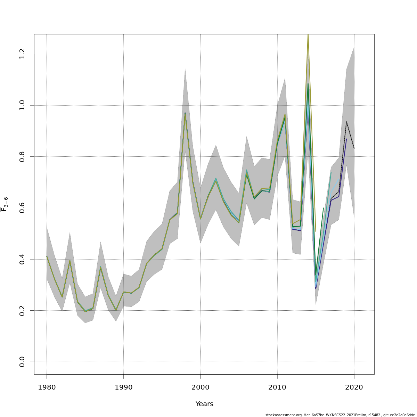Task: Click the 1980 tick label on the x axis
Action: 47,387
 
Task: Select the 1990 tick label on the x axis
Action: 123,387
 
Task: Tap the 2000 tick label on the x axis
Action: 200,387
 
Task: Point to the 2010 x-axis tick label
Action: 277,387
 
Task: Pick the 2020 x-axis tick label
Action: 354,387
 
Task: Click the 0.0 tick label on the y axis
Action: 22,362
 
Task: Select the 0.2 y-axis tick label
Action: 22,310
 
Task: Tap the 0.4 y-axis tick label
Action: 22,259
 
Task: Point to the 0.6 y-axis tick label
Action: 22,208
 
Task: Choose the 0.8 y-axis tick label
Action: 22,157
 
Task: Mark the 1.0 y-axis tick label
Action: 22,105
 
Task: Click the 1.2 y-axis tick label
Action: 22,54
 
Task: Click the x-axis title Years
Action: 204,404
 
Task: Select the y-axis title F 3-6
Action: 5,204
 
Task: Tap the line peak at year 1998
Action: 185,114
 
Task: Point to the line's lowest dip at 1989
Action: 116,310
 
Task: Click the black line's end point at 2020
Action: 354,148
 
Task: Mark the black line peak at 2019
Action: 346,122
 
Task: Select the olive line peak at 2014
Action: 308,35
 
